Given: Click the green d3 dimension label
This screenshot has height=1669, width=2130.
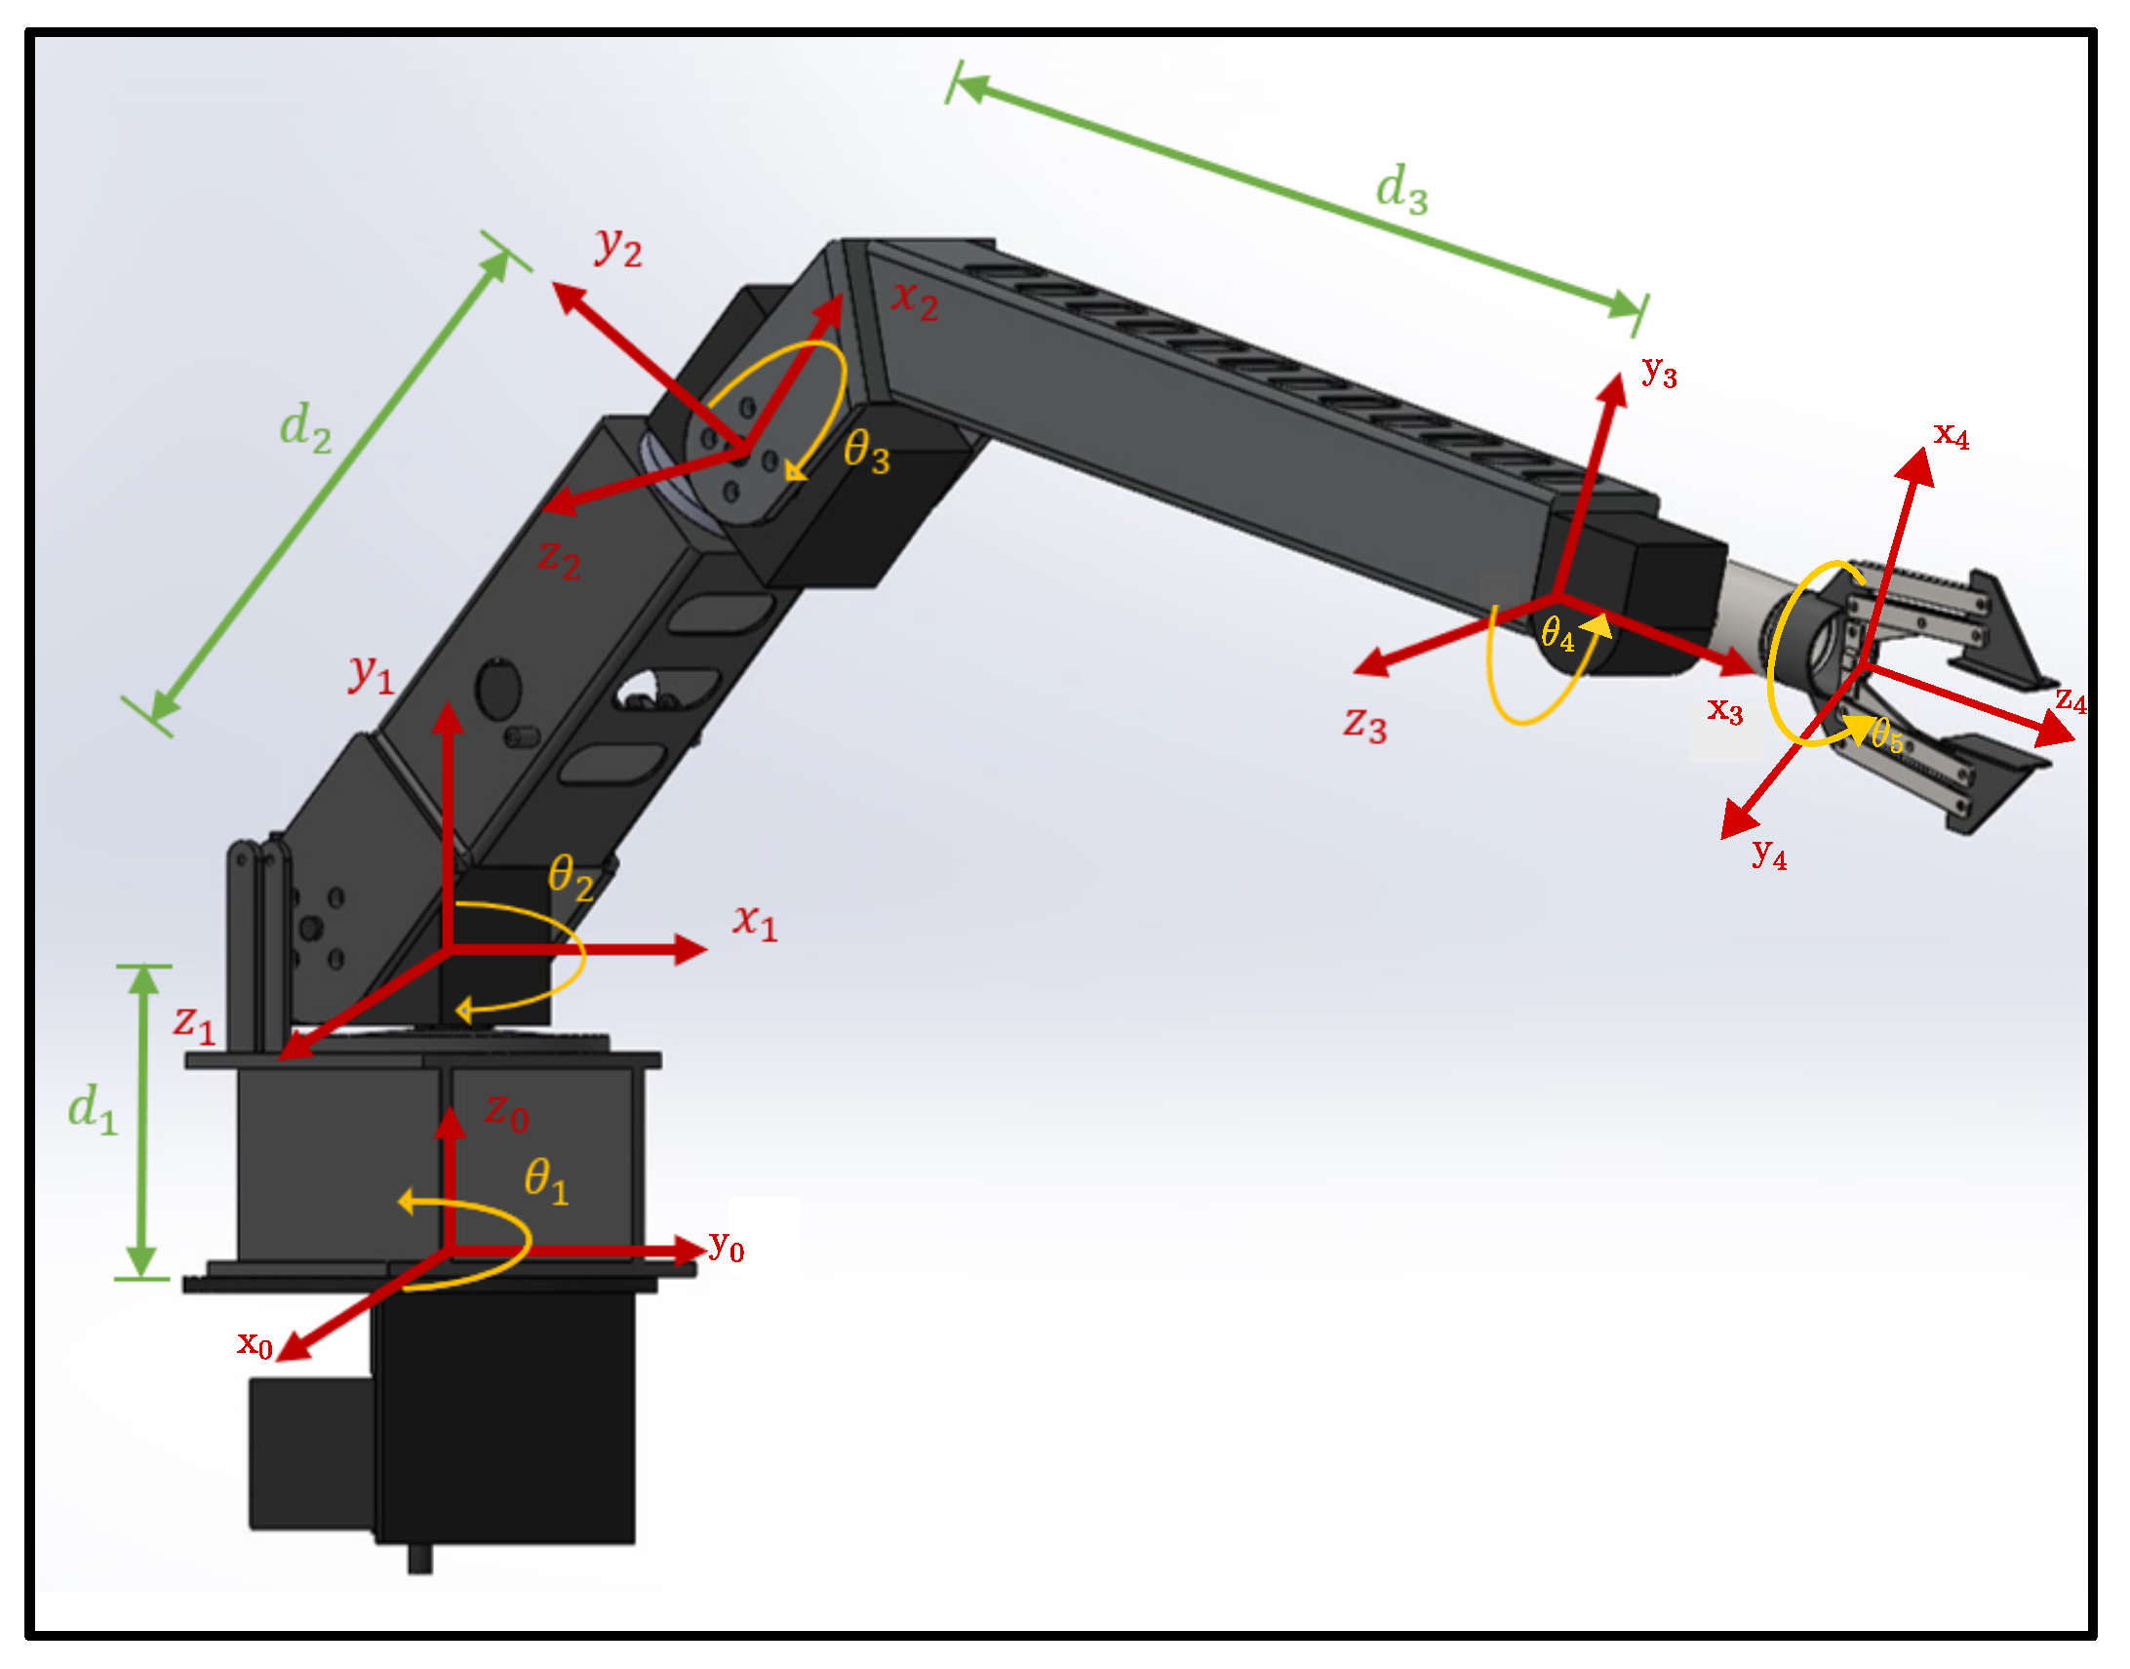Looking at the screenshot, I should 1401,188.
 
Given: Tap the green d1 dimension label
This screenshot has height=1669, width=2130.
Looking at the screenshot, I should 93,1110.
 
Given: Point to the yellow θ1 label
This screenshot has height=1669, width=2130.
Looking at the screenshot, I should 545,1181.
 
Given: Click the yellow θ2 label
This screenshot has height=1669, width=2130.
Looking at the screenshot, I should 571,877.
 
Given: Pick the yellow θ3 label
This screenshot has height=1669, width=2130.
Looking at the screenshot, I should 867,453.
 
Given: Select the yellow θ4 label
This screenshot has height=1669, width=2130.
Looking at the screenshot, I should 1558,635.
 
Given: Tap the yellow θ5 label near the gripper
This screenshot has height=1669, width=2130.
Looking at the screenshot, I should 1886,735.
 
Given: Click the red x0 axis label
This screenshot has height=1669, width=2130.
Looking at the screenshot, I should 254,1343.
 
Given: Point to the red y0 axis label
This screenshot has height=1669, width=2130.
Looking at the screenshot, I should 727,1247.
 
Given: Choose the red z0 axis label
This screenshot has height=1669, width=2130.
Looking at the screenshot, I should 507,1113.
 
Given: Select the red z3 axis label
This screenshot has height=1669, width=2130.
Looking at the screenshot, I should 1365,725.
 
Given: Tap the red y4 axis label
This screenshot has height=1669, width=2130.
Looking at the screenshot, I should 1769,854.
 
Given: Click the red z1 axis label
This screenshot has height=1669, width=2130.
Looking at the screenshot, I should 194,1024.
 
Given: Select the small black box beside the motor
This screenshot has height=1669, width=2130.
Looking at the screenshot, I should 311,1454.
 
